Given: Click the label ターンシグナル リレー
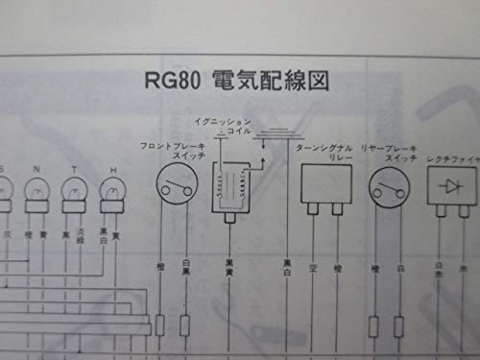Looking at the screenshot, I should coord(324,152).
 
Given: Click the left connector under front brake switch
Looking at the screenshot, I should coord(159,325).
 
